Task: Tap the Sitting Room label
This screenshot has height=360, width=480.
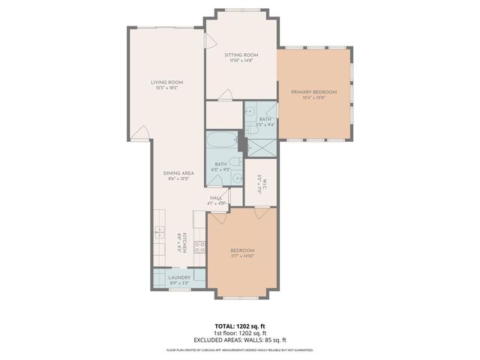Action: pos(241,55)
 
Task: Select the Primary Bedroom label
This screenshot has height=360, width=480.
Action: pos(314,92)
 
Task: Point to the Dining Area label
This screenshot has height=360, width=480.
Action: pos(178,173)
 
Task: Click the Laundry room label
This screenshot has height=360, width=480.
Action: pos(178,277)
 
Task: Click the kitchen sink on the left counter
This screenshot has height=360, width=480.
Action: pos(159,234)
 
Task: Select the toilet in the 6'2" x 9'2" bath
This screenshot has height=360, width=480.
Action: pos(235,162)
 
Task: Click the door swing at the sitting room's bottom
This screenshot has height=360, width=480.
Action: pos(225,94)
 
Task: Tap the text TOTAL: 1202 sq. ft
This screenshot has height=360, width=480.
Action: pos(240,326)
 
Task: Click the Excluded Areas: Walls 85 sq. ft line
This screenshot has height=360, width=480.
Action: pos(240,339)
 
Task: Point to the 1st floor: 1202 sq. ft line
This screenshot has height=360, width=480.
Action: pos(240,333)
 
